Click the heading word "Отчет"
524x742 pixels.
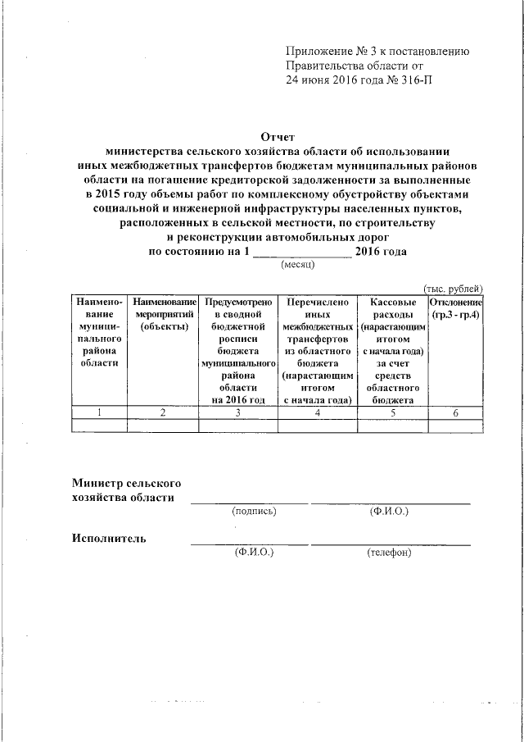point(276,137)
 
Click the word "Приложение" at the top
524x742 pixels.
point(317,52)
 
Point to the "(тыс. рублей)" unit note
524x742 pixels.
point(453,288)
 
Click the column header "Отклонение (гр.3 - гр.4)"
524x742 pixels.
point(456,309)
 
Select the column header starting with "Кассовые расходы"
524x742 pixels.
point(392,351)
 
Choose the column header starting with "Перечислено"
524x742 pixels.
point(315,351)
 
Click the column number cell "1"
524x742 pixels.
point(99,412)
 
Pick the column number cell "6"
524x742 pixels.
point(456,412)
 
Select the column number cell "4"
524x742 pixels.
point(315,412)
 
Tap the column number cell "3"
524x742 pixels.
point(238,412)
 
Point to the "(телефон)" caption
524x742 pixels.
point(389,553)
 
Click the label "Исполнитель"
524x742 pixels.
point(109,539)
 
